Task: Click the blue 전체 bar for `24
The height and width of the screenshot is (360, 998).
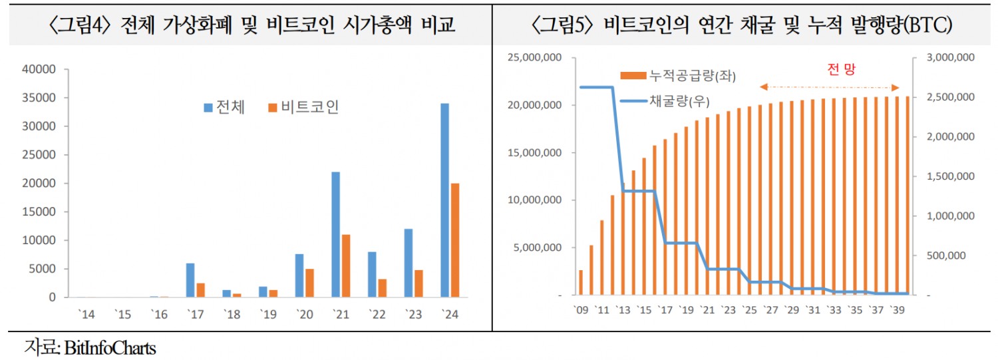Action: [444, 200]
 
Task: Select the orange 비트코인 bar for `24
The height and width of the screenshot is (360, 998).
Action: [455, 240]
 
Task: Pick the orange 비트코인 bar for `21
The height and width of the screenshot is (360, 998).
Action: [346, 266]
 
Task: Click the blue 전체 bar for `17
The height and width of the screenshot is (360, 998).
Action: [190, 280]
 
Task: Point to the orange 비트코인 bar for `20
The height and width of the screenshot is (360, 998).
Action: [310, 283]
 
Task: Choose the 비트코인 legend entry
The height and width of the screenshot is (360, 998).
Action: [303, 107]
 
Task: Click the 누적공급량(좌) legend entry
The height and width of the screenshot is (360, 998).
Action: [677, 76]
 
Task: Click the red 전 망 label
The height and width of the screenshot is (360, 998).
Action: [840, 71]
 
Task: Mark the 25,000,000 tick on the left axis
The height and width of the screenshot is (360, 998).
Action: [533, 58]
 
